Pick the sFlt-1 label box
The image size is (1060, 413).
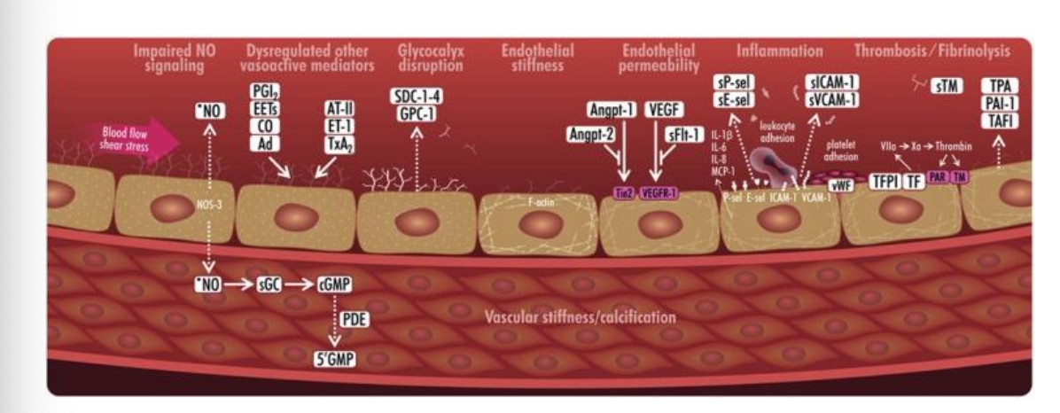click(x=684, y=134)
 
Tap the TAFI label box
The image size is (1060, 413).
click(x=999, y=120)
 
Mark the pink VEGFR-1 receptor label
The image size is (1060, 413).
click(x=659, y=191)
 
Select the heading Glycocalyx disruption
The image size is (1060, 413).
click(x=431, y=58)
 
